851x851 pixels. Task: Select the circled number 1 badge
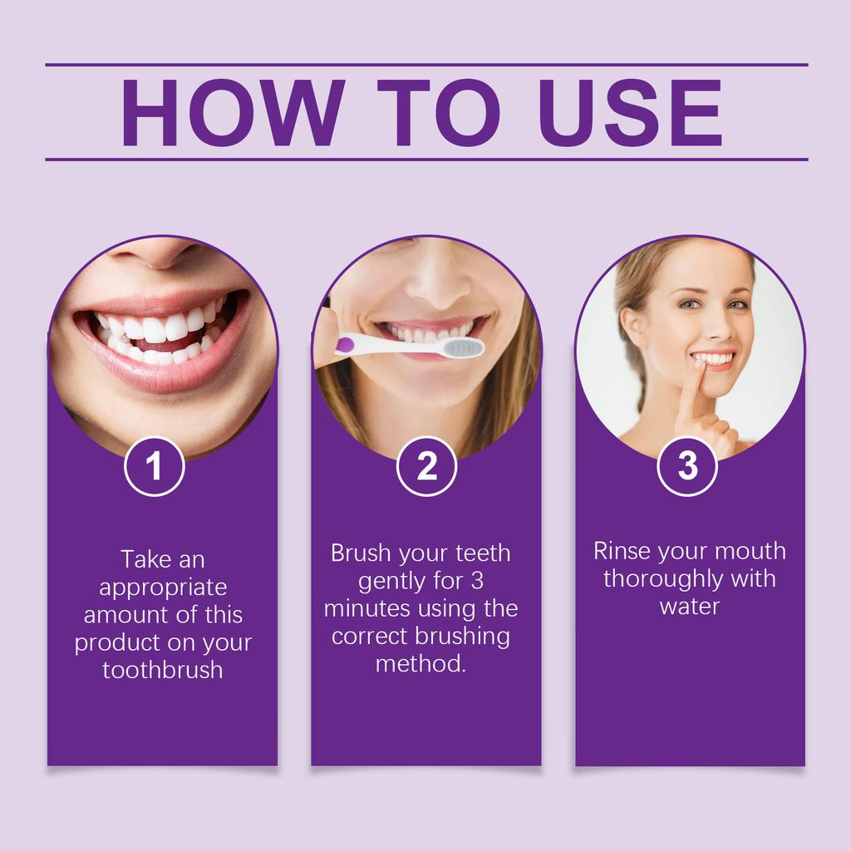pos(154,467)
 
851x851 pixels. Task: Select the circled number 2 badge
pos(426,467)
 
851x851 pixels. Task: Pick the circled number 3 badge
pos(687,466)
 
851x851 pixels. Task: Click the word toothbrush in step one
pos(163,670)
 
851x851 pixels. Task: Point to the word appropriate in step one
pos(163,587)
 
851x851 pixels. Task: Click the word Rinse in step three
pos(622,551)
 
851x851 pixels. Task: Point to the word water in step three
pos(689,607)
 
